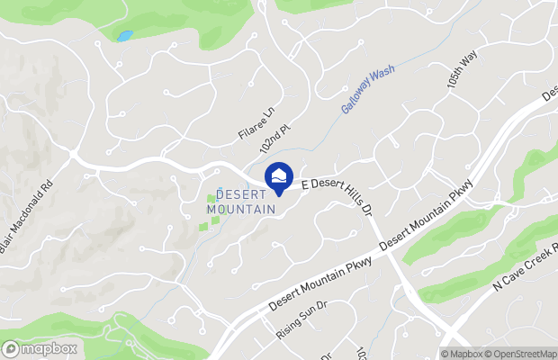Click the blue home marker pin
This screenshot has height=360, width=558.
279,176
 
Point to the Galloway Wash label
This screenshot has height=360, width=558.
368,93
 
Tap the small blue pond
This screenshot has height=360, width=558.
123,37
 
